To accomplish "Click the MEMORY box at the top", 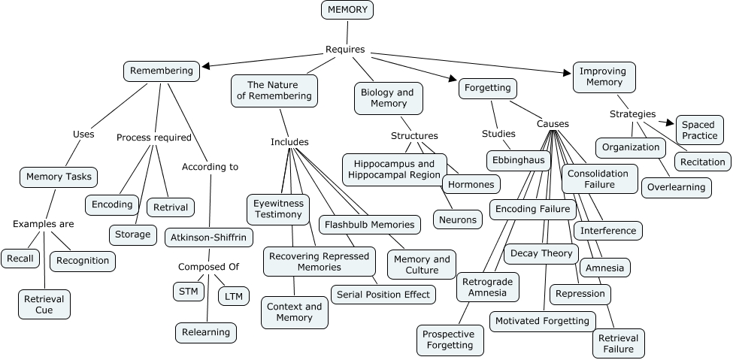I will tap(347, 10).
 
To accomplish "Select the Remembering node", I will tap(162, 71).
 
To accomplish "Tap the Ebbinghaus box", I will tap(519, 160).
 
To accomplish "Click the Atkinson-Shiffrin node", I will tap(209, 237).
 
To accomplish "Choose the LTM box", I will tap(234, 296).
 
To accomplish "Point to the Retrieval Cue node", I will tap(44, 304).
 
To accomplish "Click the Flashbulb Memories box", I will tap(369, 225).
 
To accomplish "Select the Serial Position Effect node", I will tap(383, 294).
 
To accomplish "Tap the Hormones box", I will tap(471, 184).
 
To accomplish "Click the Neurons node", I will tap(457, 219).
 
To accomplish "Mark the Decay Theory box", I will tap(541, 253).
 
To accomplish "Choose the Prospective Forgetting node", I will tap(450, 340).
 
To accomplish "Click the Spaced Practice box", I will tap(699, 130).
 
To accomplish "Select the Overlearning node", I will tap(676, 187).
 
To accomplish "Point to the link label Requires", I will tap(345, 50).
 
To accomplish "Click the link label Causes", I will tap(553, 124).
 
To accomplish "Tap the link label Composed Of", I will tap(208, 266).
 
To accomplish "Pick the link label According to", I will tap(211, 167).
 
